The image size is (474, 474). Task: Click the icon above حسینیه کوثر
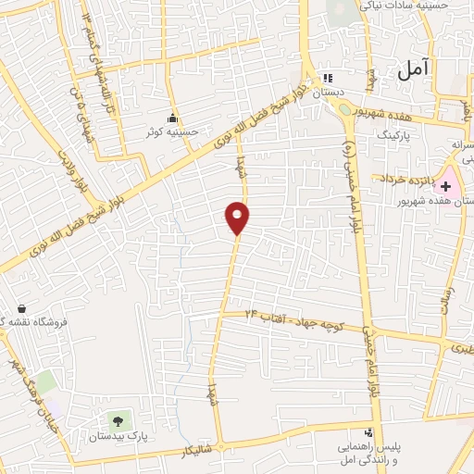172,118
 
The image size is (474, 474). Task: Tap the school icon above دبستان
325,79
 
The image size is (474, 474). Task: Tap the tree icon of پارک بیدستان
117,421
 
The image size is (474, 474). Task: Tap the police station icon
368,432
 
